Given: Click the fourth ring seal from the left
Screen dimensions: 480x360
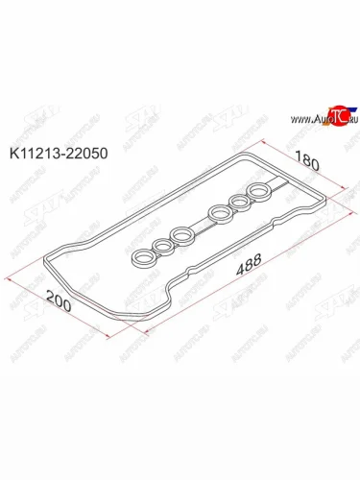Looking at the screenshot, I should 219,213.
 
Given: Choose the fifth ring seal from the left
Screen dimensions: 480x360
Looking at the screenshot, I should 238,204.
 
